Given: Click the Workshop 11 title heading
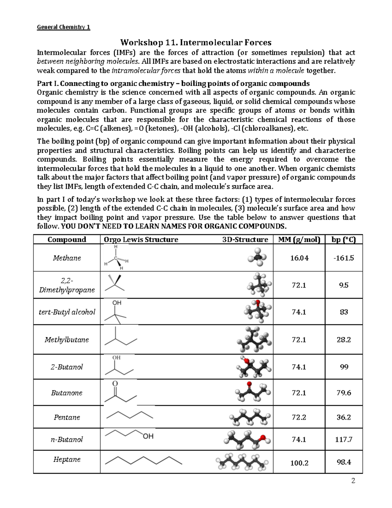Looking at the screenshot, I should (x=196, y=43).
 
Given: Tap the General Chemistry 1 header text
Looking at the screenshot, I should (x=63, y=27).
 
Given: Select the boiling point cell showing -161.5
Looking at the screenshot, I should (x=344, y=258).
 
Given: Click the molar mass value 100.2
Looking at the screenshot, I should (x=299, y=463).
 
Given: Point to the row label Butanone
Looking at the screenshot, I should (x=67, y=393).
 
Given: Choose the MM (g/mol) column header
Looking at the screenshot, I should (x=299, y=240).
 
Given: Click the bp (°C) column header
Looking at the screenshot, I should (x=344, y=240).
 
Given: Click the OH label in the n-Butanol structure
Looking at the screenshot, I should (x=148, y=436).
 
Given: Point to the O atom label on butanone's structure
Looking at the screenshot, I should (x=115, y=383).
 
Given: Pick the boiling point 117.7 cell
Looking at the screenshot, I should (x=344, y=440).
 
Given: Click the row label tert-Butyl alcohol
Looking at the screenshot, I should (x=67, y=312).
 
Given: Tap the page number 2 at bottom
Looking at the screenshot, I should (x=353, y=481).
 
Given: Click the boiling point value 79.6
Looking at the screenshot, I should (x=344, y=393).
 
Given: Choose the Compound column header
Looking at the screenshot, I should (x=67, y=240).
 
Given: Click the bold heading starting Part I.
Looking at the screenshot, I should (x=173, y=83).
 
